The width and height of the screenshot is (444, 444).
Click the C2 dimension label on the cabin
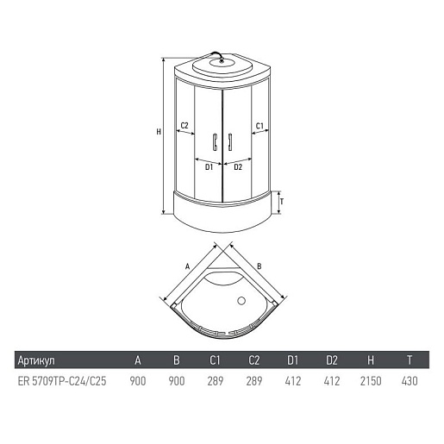184,125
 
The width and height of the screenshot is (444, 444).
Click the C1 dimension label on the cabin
260,126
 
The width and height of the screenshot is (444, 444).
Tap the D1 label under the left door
209,166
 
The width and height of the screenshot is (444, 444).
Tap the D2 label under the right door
238,166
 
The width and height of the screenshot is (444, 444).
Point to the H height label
159,132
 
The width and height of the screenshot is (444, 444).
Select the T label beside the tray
282,202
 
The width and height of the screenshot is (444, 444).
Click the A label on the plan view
188,266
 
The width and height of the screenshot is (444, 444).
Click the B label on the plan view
260,266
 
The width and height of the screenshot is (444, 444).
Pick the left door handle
215,141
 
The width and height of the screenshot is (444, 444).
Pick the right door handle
230,141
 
